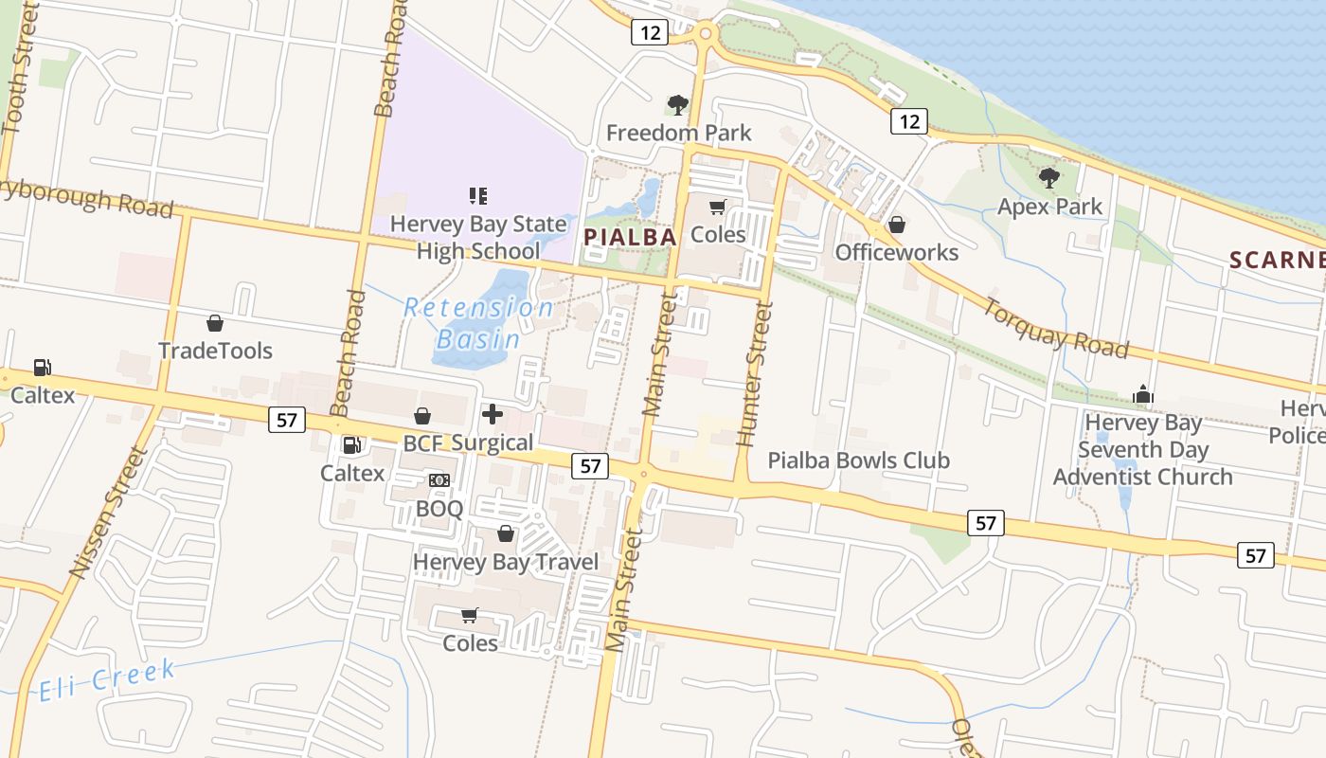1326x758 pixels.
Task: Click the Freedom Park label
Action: (x=678, y=133)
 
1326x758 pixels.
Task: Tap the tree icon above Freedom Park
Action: (x=677, y=104)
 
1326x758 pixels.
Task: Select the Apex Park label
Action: (x=1049, y=207)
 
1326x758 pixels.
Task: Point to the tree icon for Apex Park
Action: (x=1048, y=177)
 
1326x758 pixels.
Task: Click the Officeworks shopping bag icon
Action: (x=896, y=225)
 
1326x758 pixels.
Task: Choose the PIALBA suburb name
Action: (x=631, y=237)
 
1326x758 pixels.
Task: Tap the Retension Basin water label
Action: (x=478, y=323)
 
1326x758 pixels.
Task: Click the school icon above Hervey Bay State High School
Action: (x=478, y=196)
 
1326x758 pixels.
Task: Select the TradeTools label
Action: (x=215, y=351)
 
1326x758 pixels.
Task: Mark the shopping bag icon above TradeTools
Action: (x=215, y=323)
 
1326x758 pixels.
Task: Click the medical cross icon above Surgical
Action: (x=493, y=414)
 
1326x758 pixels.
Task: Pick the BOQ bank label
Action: (x=439, y=509)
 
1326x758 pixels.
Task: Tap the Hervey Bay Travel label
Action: (x=506, y=562)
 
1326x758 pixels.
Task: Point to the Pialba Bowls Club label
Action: (x=858, y=460)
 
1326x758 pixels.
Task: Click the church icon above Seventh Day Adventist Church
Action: (x=1143, y=394)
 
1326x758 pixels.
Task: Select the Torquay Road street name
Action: (x=1055, y=329)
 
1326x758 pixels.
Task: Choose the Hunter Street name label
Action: (x=754, y=374)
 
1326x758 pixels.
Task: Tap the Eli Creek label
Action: (x=107, y=681)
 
